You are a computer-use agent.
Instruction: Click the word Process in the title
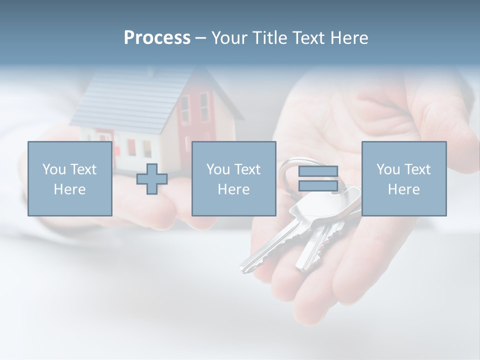point(157,38)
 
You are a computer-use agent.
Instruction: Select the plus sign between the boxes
point(152,179)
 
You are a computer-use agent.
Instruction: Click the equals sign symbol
point(318,179)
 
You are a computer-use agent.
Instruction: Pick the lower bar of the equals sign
point(318,185)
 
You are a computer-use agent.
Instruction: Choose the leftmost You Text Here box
point(70,179)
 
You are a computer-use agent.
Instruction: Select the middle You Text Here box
point(233,179)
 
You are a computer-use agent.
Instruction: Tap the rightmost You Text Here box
point(404,179)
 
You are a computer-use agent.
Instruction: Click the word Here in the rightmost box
point(404,189)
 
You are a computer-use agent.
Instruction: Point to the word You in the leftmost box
point(53,169)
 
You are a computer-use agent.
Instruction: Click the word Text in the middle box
point(247,169)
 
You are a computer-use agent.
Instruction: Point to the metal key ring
point(287,172)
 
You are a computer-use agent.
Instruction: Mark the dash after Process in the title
point(200,38)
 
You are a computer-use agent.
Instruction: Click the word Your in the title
point(229,38)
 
